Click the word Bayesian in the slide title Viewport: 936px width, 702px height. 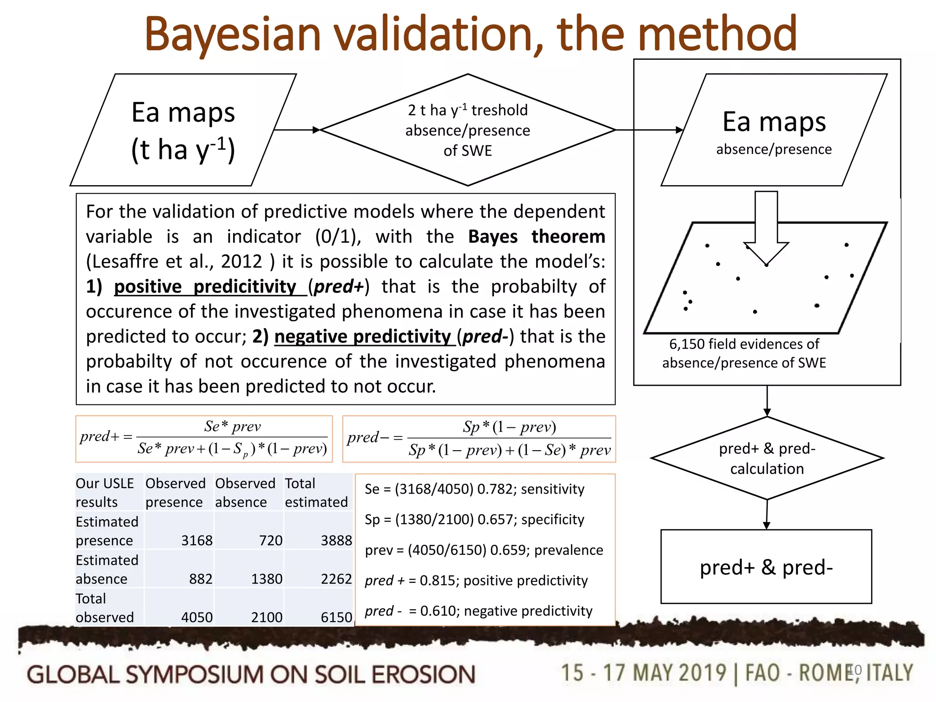233,34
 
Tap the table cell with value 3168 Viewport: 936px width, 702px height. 197,540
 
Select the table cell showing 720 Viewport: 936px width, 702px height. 271,540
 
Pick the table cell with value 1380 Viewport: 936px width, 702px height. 266,579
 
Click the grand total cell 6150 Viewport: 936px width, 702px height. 336,617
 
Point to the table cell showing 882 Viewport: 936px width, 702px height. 201,579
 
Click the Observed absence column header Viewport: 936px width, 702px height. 245,493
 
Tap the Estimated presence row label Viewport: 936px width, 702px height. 107,531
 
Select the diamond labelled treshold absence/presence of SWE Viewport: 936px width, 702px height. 468,130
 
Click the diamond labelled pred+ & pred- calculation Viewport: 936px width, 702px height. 767,458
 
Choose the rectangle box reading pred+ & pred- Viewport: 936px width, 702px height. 766,567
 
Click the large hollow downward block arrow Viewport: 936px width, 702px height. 766,229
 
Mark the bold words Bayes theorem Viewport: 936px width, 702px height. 537,237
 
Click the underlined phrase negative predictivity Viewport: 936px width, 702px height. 363,336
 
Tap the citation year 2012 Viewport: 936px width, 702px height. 241,261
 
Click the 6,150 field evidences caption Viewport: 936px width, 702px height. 744,353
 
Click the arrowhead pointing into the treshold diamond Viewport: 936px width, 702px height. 316,130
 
